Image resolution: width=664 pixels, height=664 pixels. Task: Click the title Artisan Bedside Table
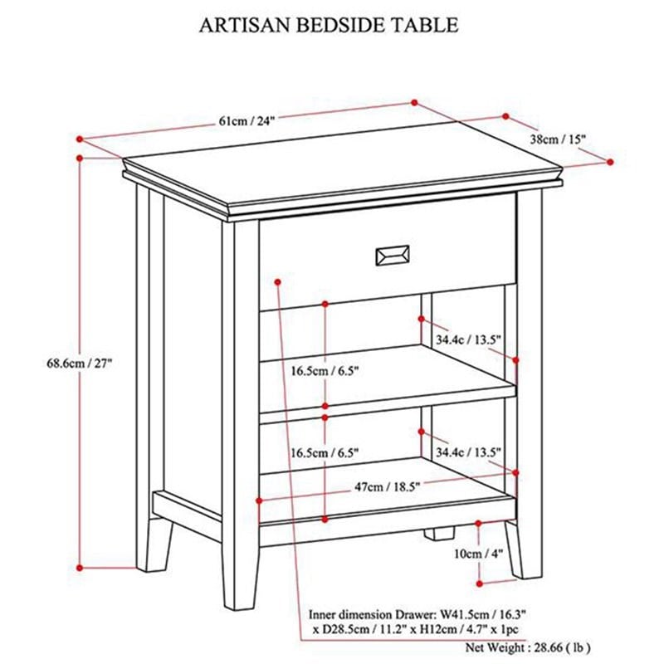(x=329, y=25)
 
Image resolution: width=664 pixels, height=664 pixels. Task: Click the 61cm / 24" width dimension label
(x=247, y=120)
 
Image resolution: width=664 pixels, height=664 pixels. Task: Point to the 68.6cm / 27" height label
(x=80, y=363)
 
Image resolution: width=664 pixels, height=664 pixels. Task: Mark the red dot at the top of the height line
(x=79, y=158)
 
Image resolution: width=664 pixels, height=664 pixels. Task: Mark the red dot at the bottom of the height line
(x=79, y=568)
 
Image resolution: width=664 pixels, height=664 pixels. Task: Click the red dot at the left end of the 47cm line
(x=261, y=500)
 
